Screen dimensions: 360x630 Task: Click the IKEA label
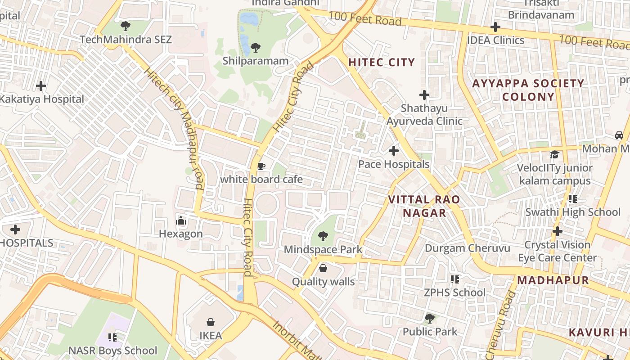211,336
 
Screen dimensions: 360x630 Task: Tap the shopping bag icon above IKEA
210,322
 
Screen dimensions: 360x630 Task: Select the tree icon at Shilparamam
255,47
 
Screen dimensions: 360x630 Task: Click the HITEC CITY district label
382,63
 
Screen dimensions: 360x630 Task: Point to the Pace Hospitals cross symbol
394,150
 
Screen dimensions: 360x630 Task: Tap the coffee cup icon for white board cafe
261,166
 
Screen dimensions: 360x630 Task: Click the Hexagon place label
181,234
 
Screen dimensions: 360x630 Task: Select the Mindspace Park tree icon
323,236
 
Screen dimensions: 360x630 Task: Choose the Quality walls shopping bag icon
323,269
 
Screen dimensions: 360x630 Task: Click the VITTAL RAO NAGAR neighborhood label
424,206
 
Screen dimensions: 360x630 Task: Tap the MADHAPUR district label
553,280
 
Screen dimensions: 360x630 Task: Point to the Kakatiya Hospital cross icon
41,85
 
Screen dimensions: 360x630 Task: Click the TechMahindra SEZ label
126,40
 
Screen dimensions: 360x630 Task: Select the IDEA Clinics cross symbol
495,27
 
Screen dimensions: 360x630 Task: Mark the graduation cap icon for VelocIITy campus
554,155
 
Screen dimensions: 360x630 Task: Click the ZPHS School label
454,292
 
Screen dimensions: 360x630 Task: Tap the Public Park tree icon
430,319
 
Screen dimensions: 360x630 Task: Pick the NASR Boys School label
113,351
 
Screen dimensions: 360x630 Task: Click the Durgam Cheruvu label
468,248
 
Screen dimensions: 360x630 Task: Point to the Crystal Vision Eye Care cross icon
558,231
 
